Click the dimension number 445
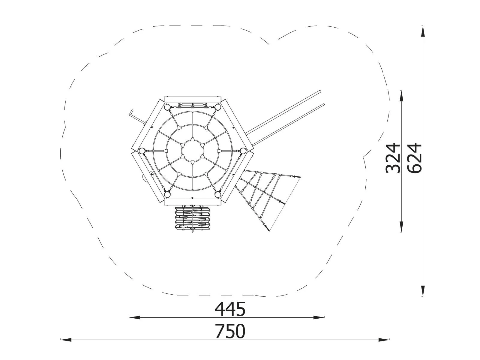(x=230, y=309)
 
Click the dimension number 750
(x=230, y=331)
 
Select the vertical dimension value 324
(x=393, y=158)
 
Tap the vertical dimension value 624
(x=414, y=158)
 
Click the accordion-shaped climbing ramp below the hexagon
(x=192, y=219)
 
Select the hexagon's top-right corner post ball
(x=218, y=107)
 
